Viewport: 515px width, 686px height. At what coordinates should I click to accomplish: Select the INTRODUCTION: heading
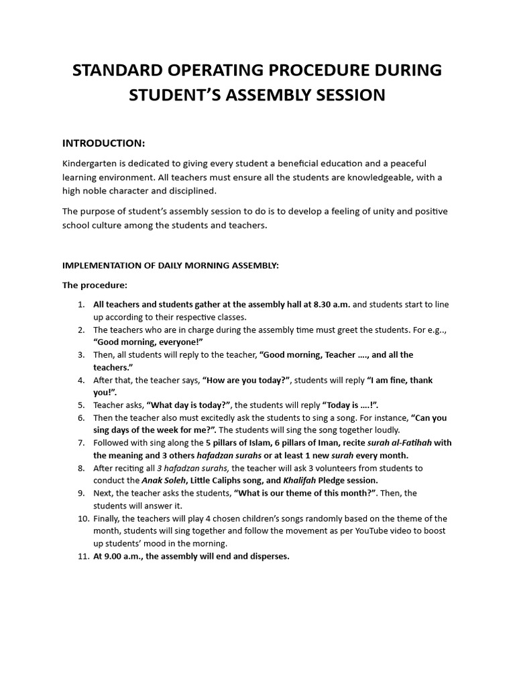click(103, 143)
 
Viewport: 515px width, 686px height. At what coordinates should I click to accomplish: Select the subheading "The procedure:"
click(95, 285)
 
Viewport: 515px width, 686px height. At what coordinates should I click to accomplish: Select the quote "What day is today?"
click(188, 405)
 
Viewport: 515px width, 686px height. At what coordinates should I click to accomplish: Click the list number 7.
click(80, 443)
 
